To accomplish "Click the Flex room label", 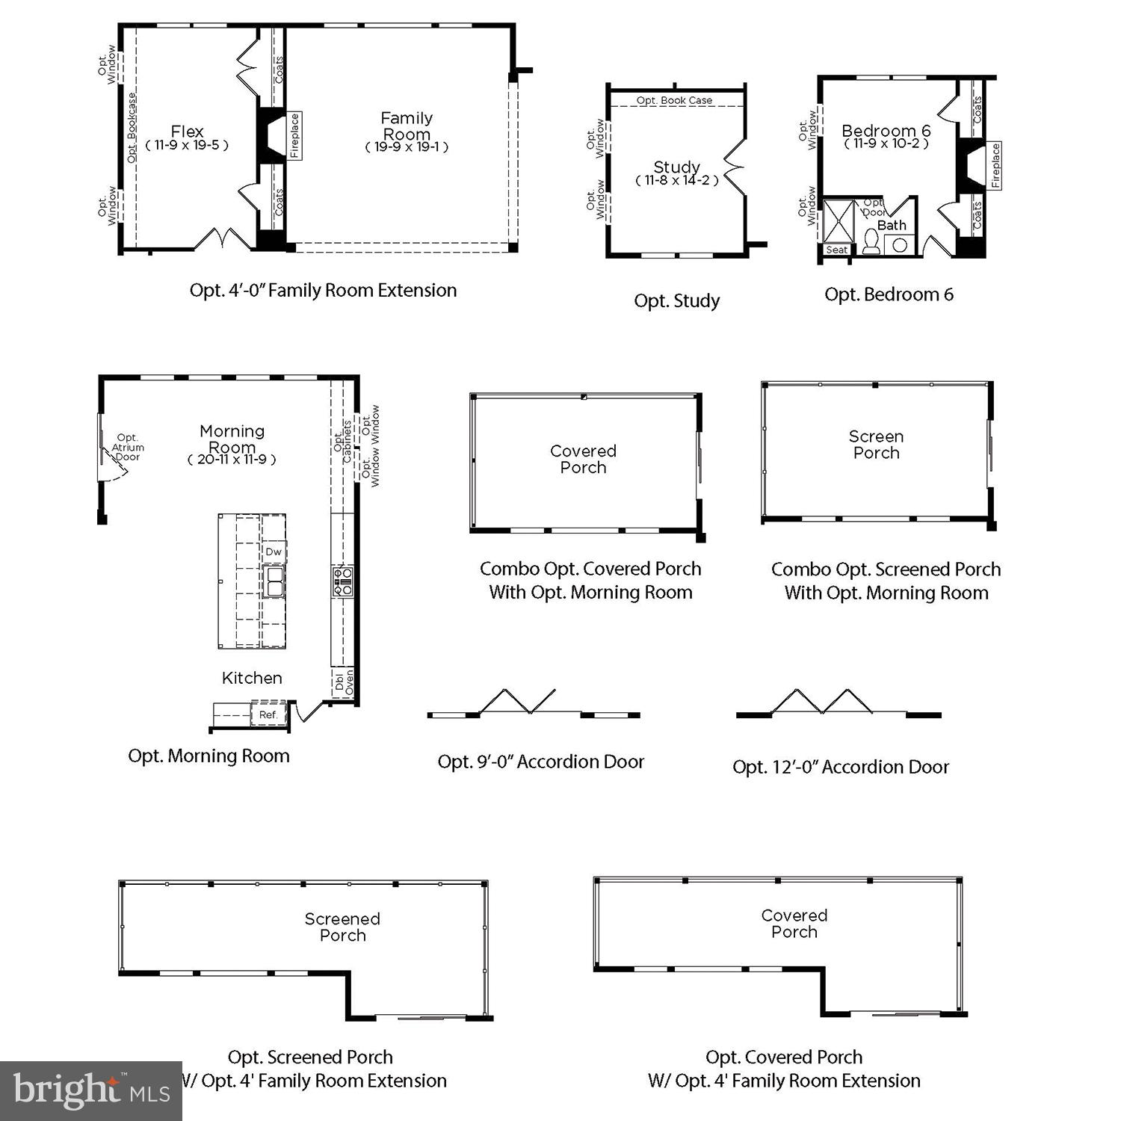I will [x=187, y=132].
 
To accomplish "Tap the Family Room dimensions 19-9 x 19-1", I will [x=407, y=147].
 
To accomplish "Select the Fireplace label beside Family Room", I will [x=294, y=135].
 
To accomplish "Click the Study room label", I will [x=676, y=167].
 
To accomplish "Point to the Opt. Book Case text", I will [x=674, y=100].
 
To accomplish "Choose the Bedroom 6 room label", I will [x=886, y=132].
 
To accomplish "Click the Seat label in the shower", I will [x=837, y=250].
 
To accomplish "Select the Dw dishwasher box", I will [x=274, y=552].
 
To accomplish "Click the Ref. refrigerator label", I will [x=268, y=714].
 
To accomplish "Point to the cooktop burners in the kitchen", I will [x=342, y=581].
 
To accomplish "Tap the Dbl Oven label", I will [x=344, y=681].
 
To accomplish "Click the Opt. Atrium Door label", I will [x=128, y=447].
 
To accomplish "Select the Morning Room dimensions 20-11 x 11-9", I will [x=232, y=460].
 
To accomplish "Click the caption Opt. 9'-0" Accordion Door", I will [x=540, y=762].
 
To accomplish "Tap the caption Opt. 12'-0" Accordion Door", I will [x=840, y=767].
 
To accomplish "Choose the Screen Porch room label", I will [x=876, y=445].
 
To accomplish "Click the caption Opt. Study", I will [x=676, y=301].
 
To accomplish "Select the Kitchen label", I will [x=252, y=678].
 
